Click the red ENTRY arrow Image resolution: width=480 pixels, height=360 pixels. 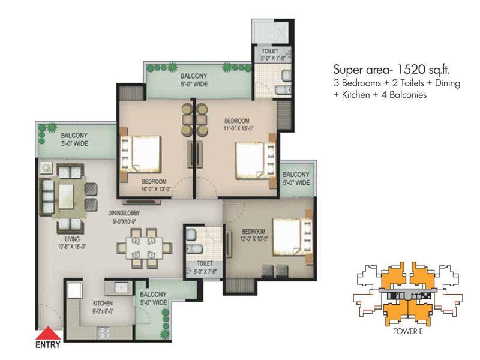coord(48,333)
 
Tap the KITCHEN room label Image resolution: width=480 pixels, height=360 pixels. coord(103,303)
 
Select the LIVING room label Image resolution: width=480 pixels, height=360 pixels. coord(72,239)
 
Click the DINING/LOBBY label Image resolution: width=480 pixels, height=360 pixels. coord(124,213)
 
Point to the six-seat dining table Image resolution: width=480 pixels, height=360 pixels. coord(145,248)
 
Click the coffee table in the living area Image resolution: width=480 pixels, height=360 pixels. coord(66,196)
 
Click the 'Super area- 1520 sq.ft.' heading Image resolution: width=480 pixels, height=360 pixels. coord(392,70)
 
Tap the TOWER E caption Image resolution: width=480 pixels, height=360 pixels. coord(408,331)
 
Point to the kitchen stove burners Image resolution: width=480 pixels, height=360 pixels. coord(103,333)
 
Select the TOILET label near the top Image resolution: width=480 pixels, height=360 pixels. coord(270,51)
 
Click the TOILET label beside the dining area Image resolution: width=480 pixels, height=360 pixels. coord(205,263)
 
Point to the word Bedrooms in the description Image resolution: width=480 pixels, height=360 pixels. coord(361,83)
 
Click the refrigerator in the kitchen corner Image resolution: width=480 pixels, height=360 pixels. coord(74,290)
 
